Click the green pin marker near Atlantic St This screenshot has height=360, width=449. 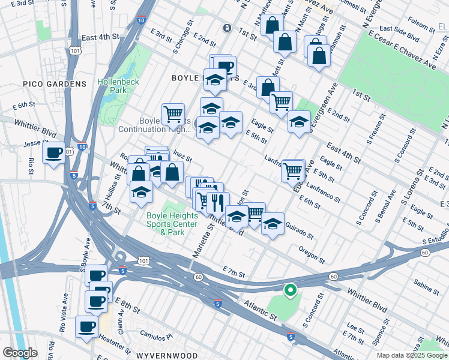coord(290,290)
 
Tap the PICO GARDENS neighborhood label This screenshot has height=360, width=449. coord(55,84)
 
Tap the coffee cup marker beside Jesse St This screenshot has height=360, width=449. coord(55,153)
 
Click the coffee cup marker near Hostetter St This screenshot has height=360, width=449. coord(87,327)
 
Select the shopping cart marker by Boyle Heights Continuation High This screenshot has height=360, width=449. coord(173,113)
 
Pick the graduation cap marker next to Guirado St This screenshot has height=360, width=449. coord(273,223)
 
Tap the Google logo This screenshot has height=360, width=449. coord(20,353)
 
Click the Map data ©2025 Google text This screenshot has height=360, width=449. coord(411,355)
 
